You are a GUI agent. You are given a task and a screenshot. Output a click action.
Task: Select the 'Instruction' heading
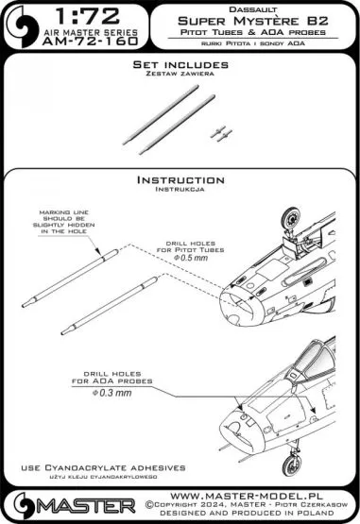tap(180, 178)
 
